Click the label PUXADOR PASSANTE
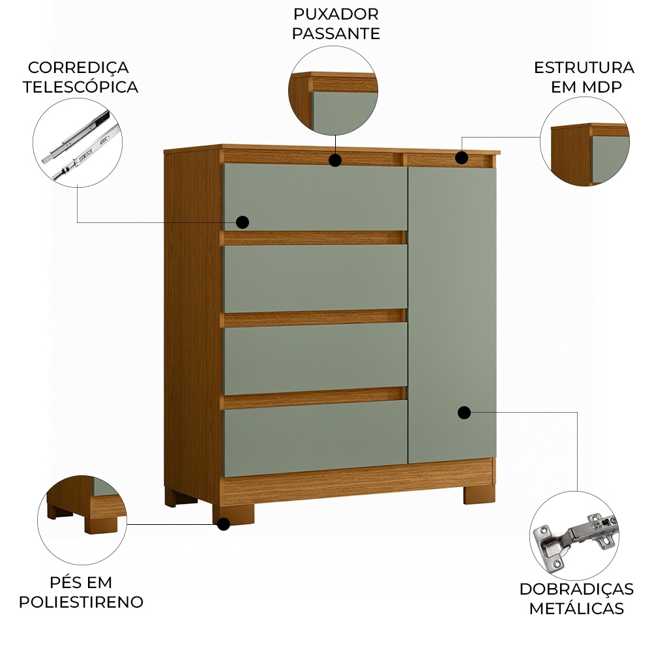336,24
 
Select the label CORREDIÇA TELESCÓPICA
80,77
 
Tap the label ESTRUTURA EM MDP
584,77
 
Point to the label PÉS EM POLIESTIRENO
81,592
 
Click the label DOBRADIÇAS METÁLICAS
576,599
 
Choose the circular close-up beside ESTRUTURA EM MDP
585,141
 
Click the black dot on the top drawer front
243,222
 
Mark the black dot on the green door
464,413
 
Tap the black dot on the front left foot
224,524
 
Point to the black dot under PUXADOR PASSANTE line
335,160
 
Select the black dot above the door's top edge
461,157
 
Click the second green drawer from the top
315,278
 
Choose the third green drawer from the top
315,356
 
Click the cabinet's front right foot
479,494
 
